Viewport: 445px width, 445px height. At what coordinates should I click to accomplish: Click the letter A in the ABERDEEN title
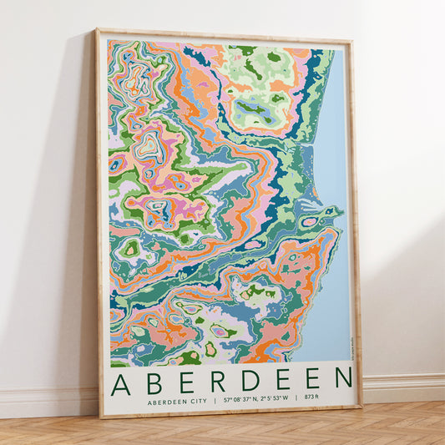tap(120, 382)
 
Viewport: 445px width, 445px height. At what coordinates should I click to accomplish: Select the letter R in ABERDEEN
tap(219, 382)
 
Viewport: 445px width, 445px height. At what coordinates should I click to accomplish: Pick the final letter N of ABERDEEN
tap(343, 380)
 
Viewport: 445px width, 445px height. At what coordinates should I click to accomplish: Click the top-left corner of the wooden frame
tap(97, 31)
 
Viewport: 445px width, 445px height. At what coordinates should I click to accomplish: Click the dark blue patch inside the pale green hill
tap(251, 108)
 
